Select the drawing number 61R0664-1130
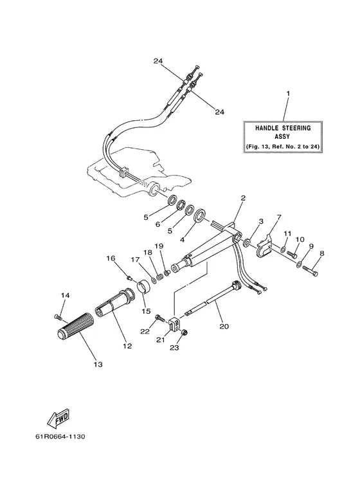pyautogui.click(x=60, y=437)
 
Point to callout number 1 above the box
pyautogui.click(x=288, y=93)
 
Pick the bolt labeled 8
pyautogui.click(x=310, y=270)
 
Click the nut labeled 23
pyautogui.click(x=186, y=332)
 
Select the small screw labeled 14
pyautogui.click(x=57, y=316)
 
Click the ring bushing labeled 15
pyautogui.click(x=143, y=285)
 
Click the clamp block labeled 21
pyautogui.click(x=174, y=324)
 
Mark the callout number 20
pyautogui.click(x=224, y=326)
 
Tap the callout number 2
pyautogui.click(x=243, y=199)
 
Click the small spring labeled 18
pyautogui.click(x=160, y=276)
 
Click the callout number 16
pyautogui.click(x=111, y=258)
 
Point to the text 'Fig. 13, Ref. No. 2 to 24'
pyautogui.click(x=283, y=147)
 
